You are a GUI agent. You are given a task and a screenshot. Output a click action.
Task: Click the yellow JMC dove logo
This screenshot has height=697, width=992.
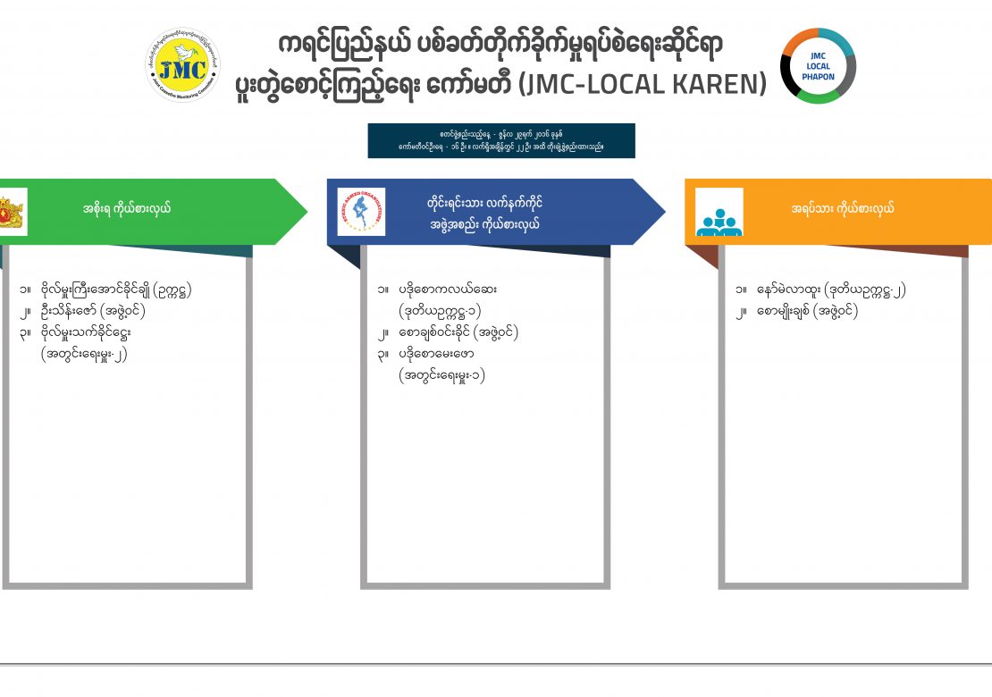tap(182, 66)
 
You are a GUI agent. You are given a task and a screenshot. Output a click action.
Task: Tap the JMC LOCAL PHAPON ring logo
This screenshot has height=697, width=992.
tap(818, 66)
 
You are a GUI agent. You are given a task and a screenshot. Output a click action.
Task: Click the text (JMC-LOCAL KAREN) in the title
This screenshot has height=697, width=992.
tap(643, 84)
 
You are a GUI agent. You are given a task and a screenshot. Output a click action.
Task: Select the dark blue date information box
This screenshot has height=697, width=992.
tap(500, 141)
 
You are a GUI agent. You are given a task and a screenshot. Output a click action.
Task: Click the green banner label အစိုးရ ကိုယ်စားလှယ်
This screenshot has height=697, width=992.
tap(127, 209)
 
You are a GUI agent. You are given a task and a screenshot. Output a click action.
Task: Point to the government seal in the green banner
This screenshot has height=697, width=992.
tap(11, 213)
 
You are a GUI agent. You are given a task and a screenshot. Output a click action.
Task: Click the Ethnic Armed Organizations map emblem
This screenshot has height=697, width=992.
tap(361, 212)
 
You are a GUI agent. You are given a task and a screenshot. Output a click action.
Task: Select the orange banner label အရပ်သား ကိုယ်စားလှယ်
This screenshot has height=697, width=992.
tap(843, 209)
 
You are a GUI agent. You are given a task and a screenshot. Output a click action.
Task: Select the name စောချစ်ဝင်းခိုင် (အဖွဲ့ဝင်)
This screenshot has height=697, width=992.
tap(458, 332)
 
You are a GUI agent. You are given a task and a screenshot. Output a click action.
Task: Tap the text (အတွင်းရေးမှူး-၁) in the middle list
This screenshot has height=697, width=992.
tap(442, 375)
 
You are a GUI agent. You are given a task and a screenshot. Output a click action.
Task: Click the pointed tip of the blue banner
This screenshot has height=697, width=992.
tap(663, 212)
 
